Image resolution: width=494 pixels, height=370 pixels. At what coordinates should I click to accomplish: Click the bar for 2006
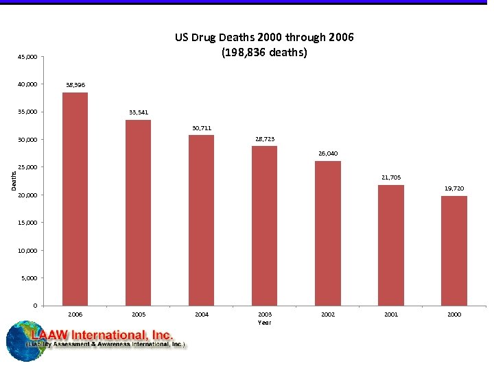tap(75, 199)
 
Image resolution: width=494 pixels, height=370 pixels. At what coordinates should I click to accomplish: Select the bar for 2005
tap(138, 212)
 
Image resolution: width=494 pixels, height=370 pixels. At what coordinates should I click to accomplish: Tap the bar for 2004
tap(201, 220)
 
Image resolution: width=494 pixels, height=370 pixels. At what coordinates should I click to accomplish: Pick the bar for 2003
tap(264, 225)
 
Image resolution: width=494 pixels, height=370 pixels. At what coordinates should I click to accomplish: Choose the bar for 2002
tap(328, 233)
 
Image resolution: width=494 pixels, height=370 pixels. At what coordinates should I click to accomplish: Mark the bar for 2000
tap(454, 250)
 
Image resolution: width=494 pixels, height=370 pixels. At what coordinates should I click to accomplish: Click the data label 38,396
tap(75, 85)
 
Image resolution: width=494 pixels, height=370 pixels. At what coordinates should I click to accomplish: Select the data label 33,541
tap(138, 112)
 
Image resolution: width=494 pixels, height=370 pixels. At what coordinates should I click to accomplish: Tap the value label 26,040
tap(328, 153)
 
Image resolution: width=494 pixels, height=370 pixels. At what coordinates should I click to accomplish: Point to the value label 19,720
tap(454, 188)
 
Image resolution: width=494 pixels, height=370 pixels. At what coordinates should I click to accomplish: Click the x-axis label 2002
tap(328, 314)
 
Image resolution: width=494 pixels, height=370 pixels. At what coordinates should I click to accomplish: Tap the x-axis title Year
tap(264, 322)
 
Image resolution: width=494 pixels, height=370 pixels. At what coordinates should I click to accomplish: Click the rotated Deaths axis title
tap(14, 181)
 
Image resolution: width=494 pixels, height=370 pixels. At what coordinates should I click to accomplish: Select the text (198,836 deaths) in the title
tap(264, 52)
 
